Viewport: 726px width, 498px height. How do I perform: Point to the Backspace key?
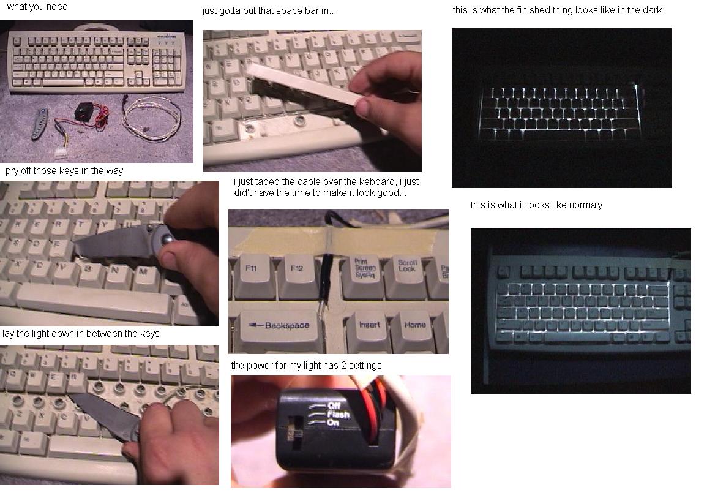tap(282, 326)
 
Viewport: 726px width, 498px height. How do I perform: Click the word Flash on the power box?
tap(339, 414)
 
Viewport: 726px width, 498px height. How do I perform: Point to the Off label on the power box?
tap(334, 406)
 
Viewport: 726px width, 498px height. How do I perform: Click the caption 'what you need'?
tap(37, 7)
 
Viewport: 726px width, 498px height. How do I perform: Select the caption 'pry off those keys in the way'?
tap(64, 171)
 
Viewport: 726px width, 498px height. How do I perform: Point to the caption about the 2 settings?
tap(306, 366)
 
